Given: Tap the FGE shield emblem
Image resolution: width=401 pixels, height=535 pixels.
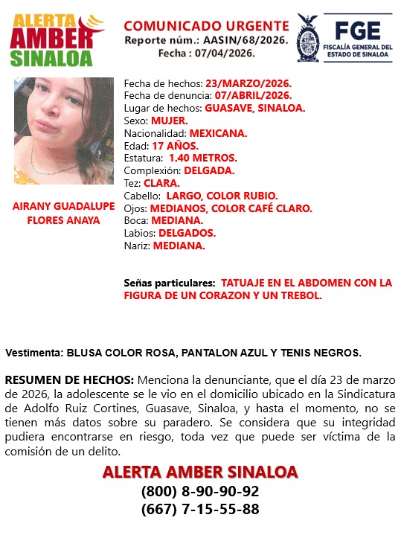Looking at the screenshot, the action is coord(309,36).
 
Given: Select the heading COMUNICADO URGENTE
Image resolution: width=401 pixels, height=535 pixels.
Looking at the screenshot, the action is coord(206,27).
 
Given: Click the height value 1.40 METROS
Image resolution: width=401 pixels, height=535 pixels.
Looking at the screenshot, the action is coord(203,158).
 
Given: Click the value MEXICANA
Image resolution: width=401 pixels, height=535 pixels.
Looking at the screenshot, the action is coord(218,132).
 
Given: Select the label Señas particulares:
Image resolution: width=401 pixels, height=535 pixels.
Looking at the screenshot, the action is coord(170,283).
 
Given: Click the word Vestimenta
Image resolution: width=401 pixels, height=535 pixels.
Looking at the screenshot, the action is coord(33,352).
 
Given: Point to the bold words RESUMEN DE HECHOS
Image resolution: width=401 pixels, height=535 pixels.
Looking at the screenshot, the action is coord(69,379).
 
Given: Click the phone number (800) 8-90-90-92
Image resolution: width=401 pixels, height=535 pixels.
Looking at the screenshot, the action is coord(199,492).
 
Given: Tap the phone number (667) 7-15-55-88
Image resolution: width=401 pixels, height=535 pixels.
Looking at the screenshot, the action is coord(199,510).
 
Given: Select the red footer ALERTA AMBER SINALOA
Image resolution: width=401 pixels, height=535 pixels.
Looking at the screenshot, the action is coord(199,472).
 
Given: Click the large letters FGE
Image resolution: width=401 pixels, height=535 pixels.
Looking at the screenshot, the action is coord(357,30).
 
